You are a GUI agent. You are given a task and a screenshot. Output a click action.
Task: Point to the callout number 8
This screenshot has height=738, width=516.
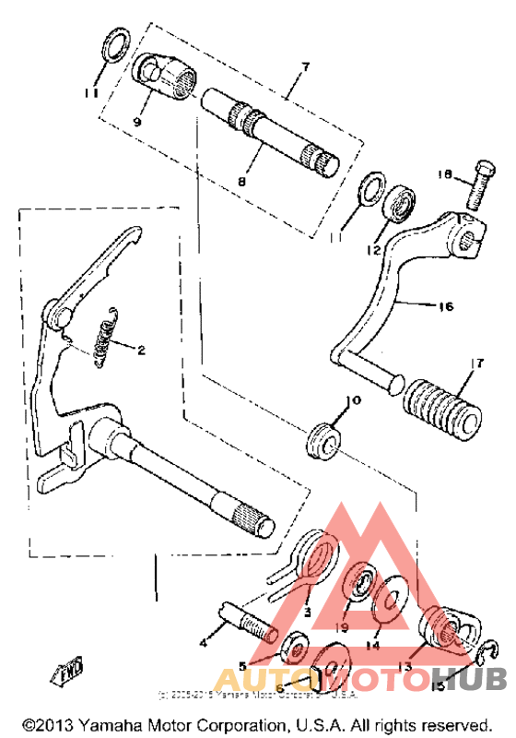point(241,182)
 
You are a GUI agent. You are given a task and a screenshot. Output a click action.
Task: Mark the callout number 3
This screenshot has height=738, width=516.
point(308,612)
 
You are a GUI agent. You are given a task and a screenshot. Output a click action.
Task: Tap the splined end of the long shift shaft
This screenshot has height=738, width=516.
point(249,521)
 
